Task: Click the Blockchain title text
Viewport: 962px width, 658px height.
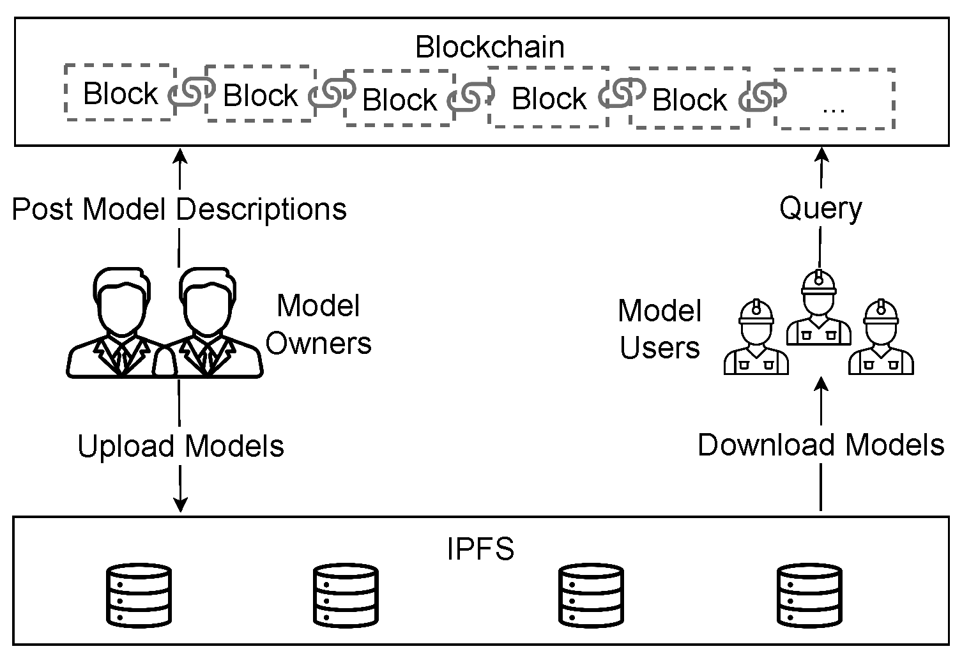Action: point(490,47)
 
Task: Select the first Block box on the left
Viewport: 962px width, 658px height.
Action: point(120,93)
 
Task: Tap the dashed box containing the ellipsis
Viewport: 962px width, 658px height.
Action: point(834,100)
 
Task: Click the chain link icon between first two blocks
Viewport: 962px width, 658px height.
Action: point(190,93)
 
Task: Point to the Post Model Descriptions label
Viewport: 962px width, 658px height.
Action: point(179,209)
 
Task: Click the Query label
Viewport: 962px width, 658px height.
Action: point(820,209)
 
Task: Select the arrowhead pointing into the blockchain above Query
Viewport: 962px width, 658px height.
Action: point(821,155)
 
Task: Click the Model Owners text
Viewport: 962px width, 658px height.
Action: point(318,325)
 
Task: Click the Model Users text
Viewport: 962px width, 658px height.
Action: point(660,329)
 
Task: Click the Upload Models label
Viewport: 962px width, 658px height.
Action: point(181,446)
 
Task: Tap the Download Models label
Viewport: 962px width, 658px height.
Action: point(820,445)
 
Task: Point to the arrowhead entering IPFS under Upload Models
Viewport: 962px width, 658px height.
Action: point(181,505)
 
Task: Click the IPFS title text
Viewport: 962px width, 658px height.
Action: point(480,549)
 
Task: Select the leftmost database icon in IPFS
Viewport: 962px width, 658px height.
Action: point(139,595)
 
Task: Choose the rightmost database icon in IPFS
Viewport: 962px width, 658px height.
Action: point(809,595)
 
